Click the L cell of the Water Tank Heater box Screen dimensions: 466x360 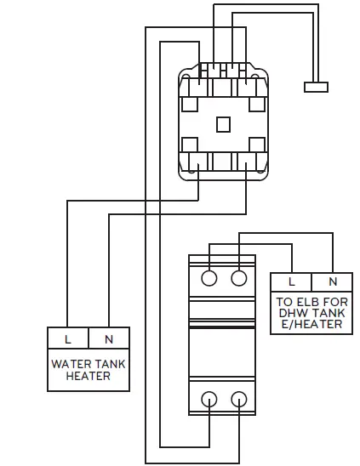coord(68,339)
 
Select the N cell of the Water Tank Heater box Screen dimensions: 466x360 coord(109,339)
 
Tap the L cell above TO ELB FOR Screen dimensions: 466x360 coord(291,281)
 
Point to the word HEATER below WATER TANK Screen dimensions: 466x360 coord(89,376)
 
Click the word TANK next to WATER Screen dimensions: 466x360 coord(109,364)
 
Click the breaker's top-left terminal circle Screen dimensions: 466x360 coord(208,278)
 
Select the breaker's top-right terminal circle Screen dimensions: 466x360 coord(239,278)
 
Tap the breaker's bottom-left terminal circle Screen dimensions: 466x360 coord(208,397)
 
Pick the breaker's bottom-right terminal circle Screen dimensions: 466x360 coord(239,397)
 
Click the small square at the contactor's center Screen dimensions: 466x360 coord(223,123)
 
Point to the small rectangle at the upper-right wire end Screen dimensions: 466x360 coord(316,86)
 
